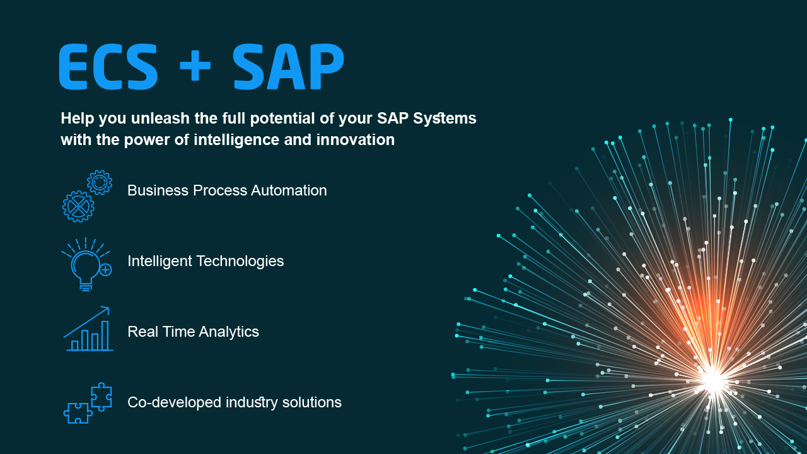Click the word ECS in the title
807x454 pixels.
(x=108, y=67)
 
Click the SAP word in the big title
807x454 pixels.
(x=288, y=67)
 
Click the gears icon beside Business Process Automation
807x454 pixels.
(x=87, y=196)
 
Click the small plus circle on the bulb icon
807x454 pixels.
(x=105, y=270)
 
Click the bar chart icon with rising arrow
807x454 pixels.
(x=88, y=329)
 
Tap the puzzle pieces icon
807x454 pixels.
(x=88, y=403)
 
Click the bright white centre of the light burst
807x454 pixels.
(x=713, y=378)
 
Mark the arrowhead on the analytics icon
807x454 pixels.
(x=106, y=310)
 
